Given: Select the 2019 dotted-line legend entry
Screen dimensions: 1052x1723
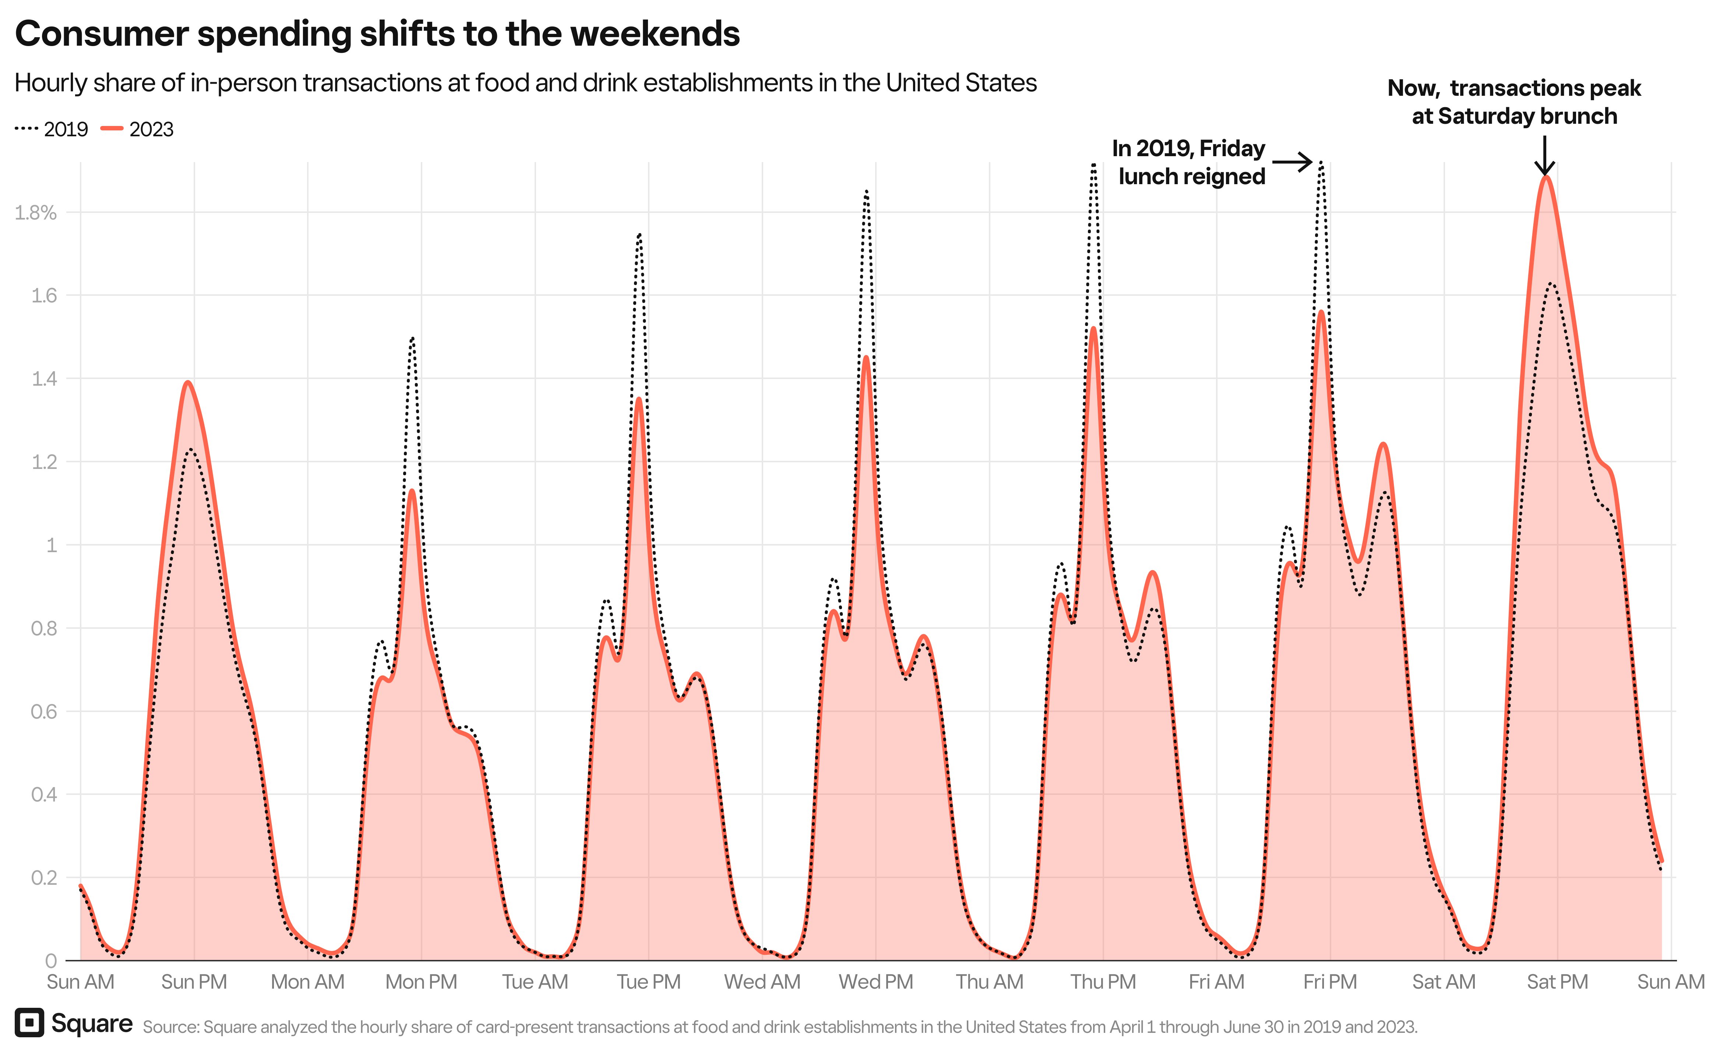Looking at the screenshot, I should pos(52,129).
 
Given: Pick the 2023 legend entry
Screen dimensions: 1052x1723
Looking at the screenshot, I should pos(138,129).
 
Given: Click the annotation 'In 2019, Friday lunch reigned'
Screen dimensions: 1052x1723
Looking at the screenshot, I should pos(1189,162).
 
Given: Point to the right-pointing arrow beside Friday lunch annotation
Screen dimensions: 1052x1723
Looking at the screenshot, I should pos(1292,162).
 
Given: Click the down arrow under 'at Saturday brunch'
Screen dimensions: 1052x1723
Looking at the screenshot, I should pos(1545,156).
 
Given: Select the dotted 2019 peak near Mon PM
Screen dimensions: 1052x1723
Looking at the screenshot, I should pos(413,339).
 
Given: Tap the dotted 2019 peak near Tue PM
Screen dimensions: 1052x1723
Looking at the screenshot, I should pos(639,235).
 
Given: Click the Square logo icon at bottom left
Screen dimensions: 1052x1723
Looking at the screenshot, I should pos(29,1023).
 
